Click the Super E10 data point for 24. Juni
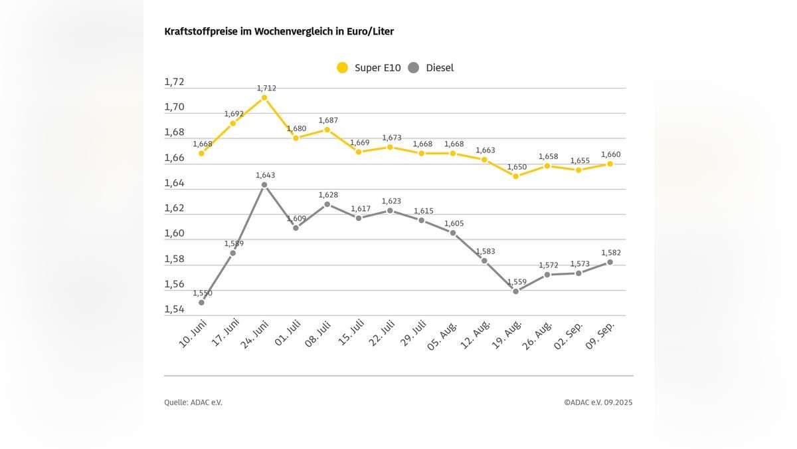tap(264, 98)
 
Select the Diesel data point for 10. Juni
tap(201, 303)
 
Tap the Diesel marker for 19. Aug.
tap(515, 291)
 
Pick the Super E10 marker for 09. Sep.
tap(610, 164)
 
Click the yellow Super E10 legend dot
tap(343, 67)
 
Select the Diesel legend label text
tap(440, 67)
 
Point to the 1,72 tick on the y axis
tap(174, 82)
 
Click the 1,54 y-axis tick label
tap(174, 309)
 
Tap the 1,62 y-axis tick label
tap(174, 208)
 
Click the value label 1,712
tap(266, 88)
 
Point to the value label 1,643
tap(265, 176)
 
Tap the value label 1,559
tap(517, 282)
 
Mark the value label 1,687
tap(328, 120)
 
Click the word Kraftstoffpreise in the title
tap(194, 31)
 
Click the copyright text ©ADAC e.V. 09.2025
tap(598, 402)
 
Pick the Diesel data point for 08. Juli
tap(327, 204)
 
